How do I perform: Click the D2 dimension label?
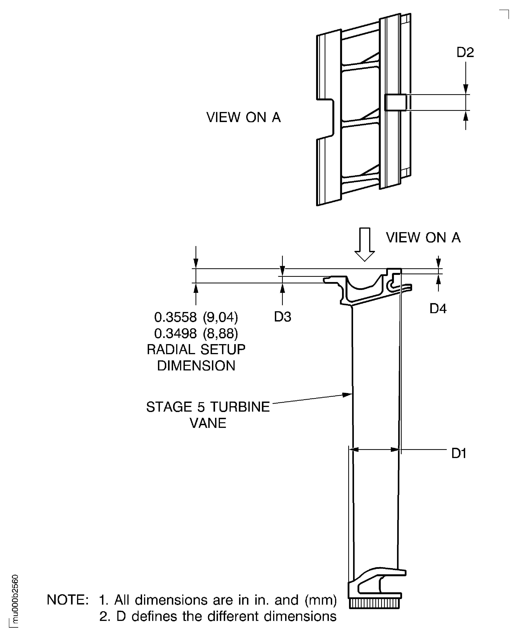(465, 52)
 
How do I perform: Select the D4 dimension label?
(438, 309)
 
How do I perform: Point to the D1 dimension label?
(459, 454)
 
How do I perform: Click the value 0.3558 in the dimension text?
(175, 317)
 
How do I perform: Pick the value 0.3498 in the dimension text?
(175, 333)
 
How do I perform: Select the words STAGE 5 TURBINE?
(208, 407)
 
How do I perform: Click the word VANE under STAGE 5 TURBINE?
(208, 423)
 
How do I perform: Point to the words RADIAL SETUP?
(196, 350)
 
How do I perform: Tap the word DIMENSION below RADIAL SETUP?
(196, 366)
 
